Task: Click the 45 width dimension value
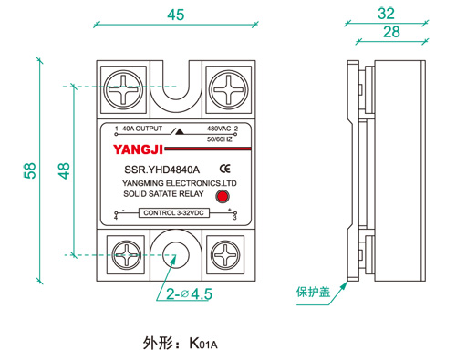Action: pyautogui.click(x=176, y=15)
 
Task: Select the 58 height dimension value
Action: pyautogui.click(x=30, y=170)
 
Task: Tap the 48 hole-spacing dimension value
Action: pyautogui.click(x=64, y=170)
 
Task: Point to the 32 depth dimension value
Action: pyautogui.click(x=386, y=14)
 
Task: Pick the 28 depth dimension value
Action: pyautogui.click(x=391, y=32)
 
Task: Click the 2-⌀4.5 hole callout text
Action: pyautogui.click(x=189, y=294)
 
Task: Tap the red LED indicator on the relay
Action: pyautogui.click(x=223, y=197)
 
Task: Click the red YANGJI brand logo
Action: pyautogui.click(x=138, y=149)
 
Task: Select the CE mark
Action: pyautogui.click(x=225, y=169)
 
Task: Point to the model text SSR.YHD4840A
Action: pyautogui.click(x=161, y=170)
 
